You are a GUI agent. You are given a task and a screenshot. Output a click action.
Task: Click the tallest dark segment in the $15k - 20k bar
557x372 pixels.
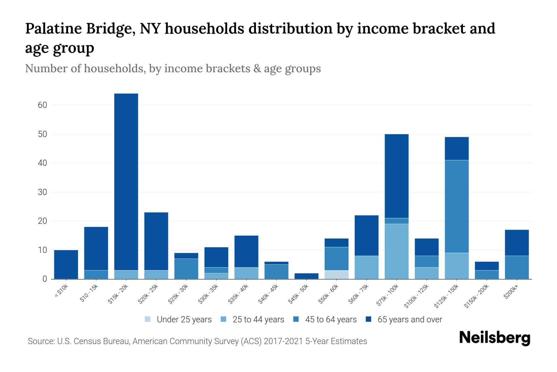[126, 182]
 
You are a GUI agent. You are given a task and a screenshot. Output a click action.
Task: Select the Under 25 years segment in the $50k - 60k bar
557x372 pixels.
[337, 275]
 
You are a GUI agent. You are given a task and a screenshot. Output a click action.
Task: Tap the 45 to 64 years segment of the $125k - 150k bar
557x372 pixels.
[457, 206]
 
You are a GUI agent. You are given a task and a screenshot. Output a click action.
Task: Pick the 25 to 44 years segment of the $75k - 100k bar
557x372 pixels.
[396, 251]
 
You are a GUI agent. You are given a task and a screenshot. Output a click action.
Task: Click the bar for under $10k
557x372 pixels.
[66, 264]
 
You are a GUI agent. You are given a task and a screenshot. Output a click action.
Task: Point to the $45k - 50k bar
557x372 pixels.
[307, 276]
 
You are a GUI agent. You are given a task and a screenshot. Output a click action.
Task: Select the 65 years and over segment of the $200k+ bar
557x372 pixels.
[517, 243]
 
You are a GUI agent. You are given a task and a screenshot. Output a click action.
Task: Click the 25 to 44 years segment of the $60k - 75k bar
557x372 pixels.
[366, 267]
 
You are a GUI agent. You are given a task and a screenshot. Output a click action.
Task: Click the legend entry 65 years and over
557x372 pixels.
[410, 320]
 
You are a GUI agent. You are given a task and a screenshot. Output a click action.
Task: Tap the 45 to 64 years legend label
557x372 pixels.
[331, 320]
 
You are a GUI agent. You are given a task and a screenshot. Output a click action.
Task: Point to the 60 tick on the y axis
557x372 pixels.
[42, 105]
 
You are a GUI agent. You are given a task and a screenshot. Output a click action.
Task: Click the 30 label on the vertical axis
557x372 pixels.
[42, 192]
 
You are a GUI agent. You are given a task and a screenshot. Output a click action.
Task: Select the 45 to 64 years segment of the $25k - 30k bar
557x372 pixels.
[186, 269]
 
